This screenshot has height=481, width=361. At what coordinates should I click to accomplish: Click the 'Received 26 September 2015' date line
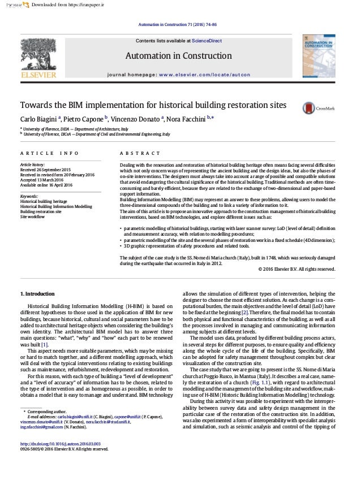[x=50, y=169]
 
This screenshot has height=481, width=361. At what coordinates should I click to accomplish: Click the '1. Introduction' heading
[x=37, y=294]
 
